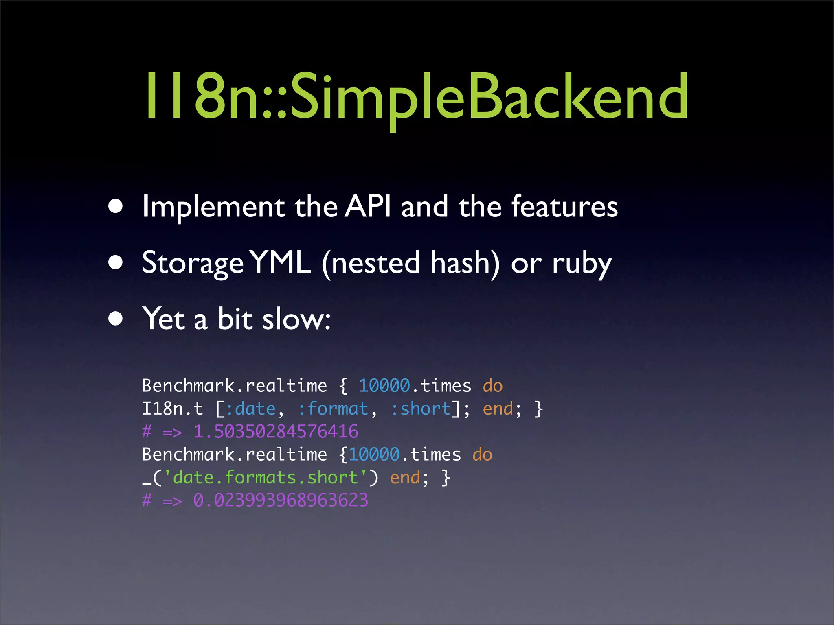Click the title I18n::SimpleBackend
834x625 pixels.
click(416, 96)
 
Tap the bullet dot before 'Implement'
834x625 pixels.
click(116, 206)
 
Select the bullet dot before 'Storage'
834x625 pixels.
click(116, 263)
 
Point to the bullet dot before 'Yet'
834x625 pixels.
click(116, 319)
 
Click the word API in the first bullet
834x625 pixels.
click(368, 206)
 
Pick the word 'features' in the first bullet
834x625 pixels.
click(564, 206)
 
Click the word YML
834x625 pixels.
click(280, 263)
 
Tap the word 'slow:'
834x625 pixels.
click(296, 319)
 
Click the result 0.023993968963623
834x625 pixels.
click(281, 500)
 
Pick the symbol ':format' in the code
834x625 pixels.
click(333, 409)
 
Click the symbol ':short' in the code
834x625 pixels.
click(421, 409)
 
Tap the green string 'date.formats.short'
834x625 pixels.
click(265, 477)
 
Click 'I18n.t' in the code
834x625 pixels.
click(172, 409)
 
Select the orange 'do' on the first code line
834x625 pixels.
click(493, 386)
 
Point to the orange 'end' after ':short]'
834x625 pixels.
click(498, 409)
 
